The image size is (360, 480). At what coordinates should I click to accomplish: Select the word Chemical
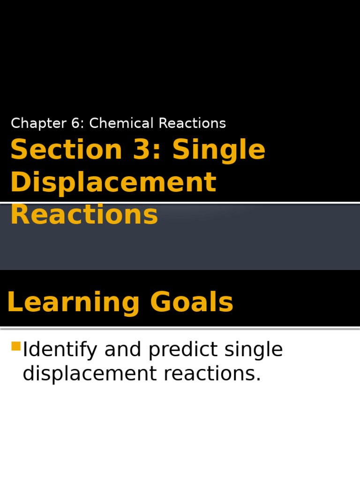click(122, 123)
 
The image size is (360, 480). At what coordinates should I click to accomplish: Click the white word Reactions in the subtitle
click(192, 123)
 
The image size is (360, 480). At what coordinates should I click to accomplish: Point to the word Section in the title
click(66, 150)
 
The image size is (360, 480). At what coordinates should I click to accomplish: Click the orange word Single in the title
click(219, 150)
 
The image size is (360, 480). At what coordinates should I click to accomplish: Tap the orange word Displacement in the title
click(113, 182)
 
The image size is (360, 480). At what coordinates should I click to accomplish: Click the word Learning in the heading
click(73, 302)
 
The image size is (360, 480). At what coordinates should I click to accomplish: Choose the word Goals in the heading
click(192, 302)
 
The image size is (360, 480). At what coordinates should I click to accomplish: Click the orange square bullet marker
click(16, 346)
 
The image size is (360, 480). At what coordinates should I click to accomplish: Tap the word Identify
click(60, 350)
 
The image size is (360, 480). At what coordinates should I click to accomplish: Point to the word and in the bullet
click(123, 350)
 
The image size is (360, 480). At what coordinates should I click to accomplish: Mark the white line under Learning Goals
click(180, 327)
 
